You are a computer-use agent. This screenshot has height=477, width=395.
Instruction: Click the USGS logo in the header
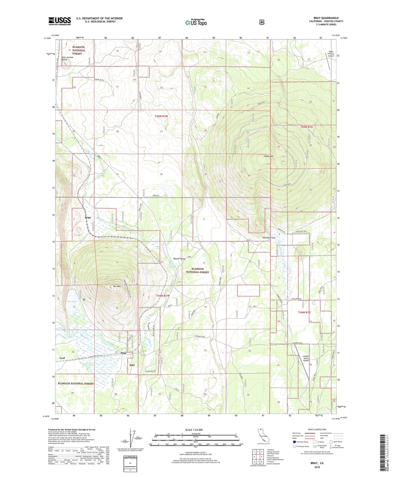point(60,21)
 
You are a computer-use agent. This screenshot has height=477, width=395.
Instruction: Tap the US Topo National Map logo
point(196,22)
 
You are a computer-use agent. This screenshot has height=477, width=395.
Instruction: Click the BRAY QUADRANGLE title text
point(326,18)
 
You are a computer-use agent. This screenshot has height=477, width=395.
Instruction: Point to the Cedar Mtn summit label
point(269,156)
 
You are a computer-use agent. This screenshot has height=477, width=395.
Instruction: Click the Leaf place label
point(62,358)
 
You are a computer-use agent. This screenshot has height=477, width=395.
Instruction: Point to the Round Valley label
point(179,259)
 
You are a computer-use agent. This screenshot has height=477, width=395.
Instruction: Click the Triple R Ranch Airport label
point(331,54)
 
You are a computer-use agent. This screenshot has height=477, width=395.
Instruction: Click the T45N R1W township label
point(161,116)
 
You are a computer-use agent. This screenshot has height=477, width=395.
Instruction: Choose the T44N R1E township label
point(304,312)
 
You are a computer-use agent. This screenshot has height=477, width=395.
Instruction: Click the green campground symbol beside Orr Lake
point(84,300)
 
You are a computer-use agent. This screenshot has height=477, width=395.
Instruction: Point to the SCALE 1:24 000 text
point(195,430)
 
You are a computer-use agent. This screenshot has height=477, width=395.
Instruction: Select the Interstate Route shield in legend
point(294,442)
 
